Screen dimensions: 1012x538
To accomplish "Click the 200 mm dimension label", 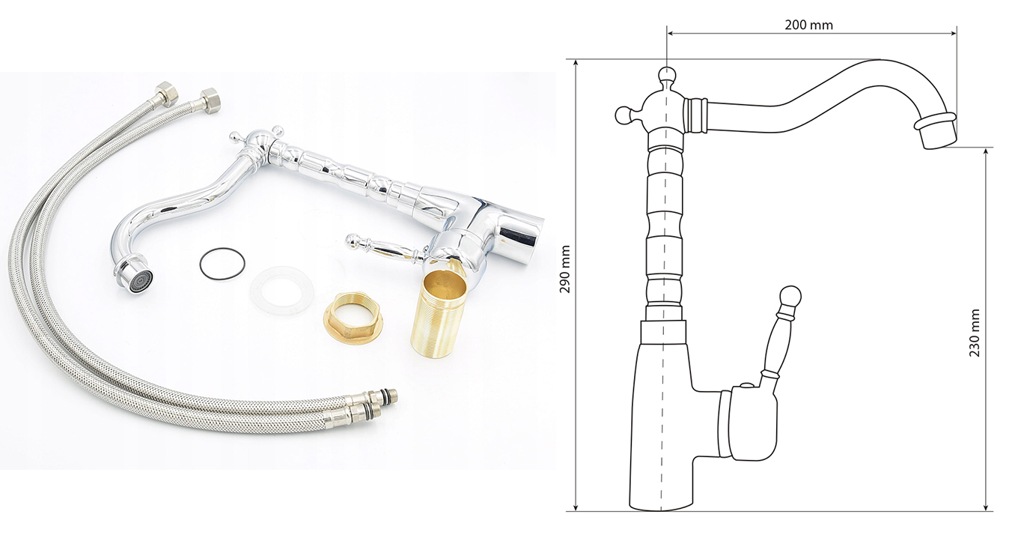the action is [x=808, y=25].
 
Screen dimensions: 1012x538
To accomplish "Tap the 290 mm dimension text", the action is [x=564, y=269].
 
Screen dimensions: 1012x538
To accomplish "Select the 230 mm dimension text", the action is [x=975, y=333].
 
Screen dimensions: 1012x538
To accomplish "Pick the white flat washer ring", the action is [x=282, y=290].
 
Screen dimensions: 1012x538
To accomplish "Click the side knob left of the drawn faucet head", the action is [x=624, y=115].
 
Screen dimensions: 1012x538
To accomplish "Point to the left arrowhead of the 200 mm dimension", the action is [x=671, y=33].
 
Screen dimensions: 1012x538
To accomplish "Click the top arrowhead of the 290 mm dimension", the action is [x=576, y=64].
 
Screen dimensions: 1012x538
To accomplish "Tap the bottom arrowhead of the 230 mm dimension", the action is [x=986, y=507].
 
